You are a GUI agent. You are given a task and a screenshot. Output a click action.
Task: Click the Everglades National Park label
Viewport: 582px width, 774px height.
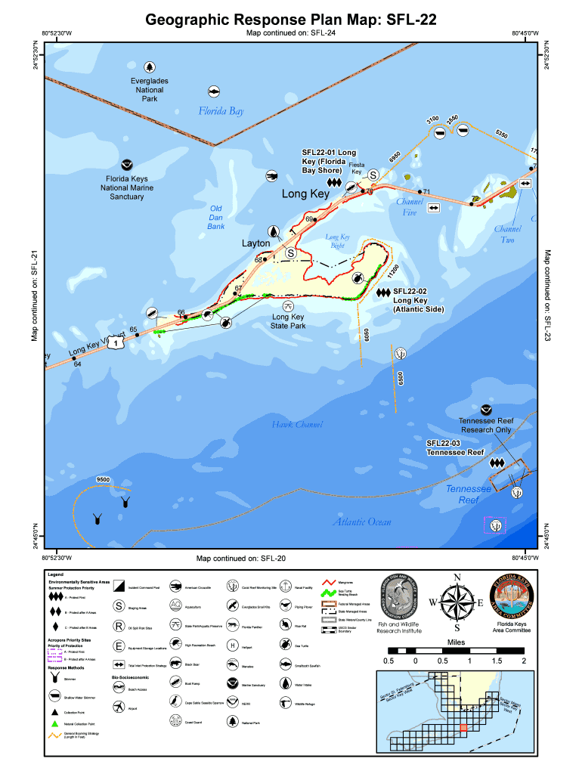149,89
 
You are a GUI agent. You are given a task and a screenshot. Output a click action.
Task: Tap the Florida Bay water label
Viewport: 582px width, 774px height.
221,111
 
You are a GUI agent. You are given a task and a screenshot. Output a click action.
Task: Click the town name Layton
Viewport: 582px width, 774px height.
255,243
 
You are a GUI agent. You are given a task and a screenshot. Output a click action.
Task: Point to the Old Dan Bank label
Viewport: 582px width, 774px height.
216,217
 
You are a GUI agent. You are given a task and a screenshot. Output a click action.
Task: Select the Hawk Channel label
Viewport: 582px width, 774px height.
297,425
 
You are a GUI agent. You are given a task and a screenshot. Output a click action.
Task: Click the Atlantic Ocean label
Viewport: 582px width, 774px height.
362,522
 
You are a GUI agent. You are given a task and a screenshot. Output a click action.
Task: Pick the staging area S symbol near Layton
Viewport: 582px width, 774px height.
290,253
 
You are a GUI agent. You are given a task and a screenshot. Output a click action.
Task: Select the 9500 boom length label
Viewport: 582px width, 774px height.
103,479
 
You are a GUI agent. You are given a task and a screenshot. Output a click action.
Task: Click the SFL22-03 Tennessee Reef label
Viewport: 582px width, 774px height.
454,447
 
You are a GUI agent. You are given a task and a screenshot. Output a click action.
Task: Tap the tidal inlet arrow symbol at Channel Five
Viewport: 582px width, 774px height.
434,208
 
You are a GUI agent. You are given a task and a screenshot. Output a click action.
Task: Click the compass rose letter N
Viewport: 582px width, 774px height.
457,578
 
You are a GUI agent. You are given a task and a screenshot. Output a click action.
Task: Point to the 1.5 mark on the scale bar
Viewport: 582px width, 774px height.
496,661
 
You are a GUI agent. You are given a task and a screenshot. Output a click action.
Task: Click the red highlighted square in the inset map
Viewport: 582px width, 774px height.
463,727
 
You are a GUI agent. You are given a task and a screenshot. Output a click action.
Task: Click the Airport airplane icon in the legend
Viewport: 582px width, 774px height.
119,706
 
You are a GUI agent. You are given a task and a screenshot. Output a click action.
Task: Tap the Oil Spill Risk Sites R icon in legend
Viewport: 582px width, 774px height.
119,626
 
